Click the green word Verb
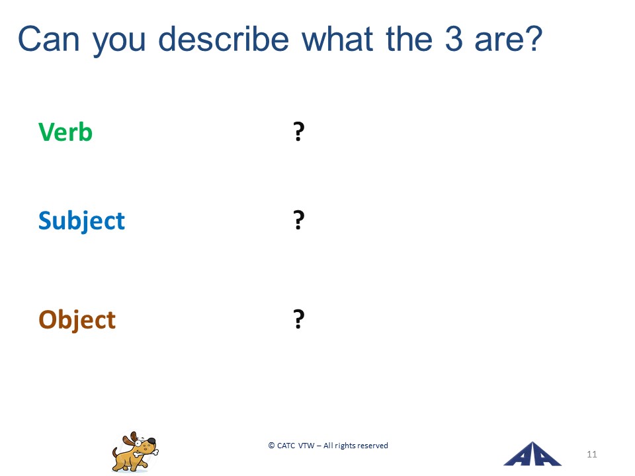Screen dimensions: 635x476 [65, 132]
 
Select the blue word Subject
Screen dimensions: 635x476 [81, 221]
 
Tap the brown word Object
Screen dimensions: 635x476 [77, 320]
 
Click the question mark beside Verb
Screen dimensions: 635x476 [298, 132]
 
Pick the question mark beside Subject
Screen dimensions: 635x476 [298, 219]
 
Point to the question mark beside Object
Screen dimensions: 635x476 [298, 319]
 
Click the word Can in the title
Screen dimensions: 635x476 [48, 39]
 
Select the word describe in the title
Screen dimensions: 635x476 [223, 38]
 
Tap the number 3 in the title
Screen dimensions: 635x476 [454, 39]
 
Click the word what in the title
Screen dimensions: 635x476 [337, 38]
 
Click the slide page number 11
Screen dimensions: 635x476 [591, 454]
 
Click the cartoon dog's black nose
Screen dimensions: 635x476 [151, 441]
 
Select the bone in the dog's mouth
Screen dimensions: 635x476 [146, 452]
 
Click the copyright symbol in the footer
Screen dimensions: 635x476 [271, 446]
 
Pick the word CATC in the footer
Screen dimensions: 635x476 [286, 446]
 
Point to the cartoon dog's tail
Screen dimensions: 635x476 [115, 452]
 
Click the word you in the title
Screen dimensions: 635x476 [118, 42]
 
